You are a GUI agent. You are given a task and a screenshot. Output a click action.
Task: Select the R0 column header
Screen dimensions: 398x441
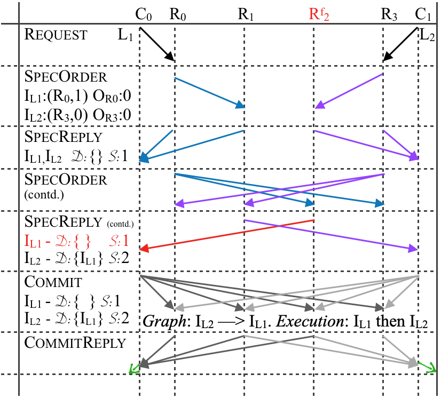(178, 13)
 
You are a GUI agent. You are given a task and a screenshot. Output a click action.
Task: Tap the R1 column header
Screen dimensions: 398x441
(246, 13)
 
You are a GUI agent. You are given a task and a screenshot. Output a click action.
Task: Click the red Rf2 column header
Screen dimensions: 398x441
(319, 13)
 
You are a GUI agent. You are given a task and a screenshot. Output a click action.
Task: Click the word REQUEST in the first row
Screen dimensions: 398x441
(56, 35)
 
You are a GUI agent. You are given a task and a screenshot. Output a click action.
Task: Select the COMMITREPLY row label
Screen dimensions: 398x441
(75, 343)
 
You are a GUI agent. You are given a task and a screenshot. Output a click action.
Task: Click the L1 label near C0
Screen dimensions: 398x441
(124, 36)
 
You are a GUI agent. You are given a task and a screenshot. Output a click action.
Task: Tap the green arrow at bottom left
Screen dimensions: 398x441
(133, 368)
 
